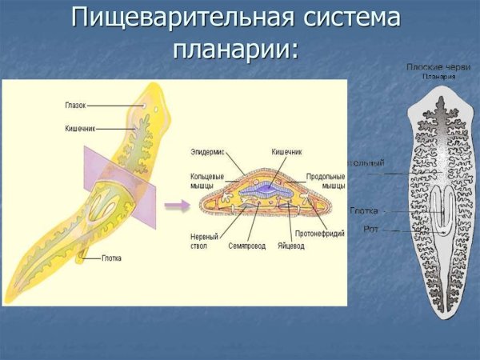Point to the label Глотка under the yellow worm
tap(112, 258)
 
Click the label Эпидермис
tap(207, 150)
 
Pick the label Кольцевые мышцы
tap(207, 180)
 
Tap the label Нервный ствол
tap(204, 241)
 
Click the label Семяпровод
tap(245, 246)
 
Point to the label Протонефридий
tap(320, 234)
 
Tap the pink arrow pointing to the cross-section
tap(177, 206)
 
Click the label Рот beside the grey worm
tap(371, 229)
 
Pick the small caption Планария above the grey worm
tap(439, 77)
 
